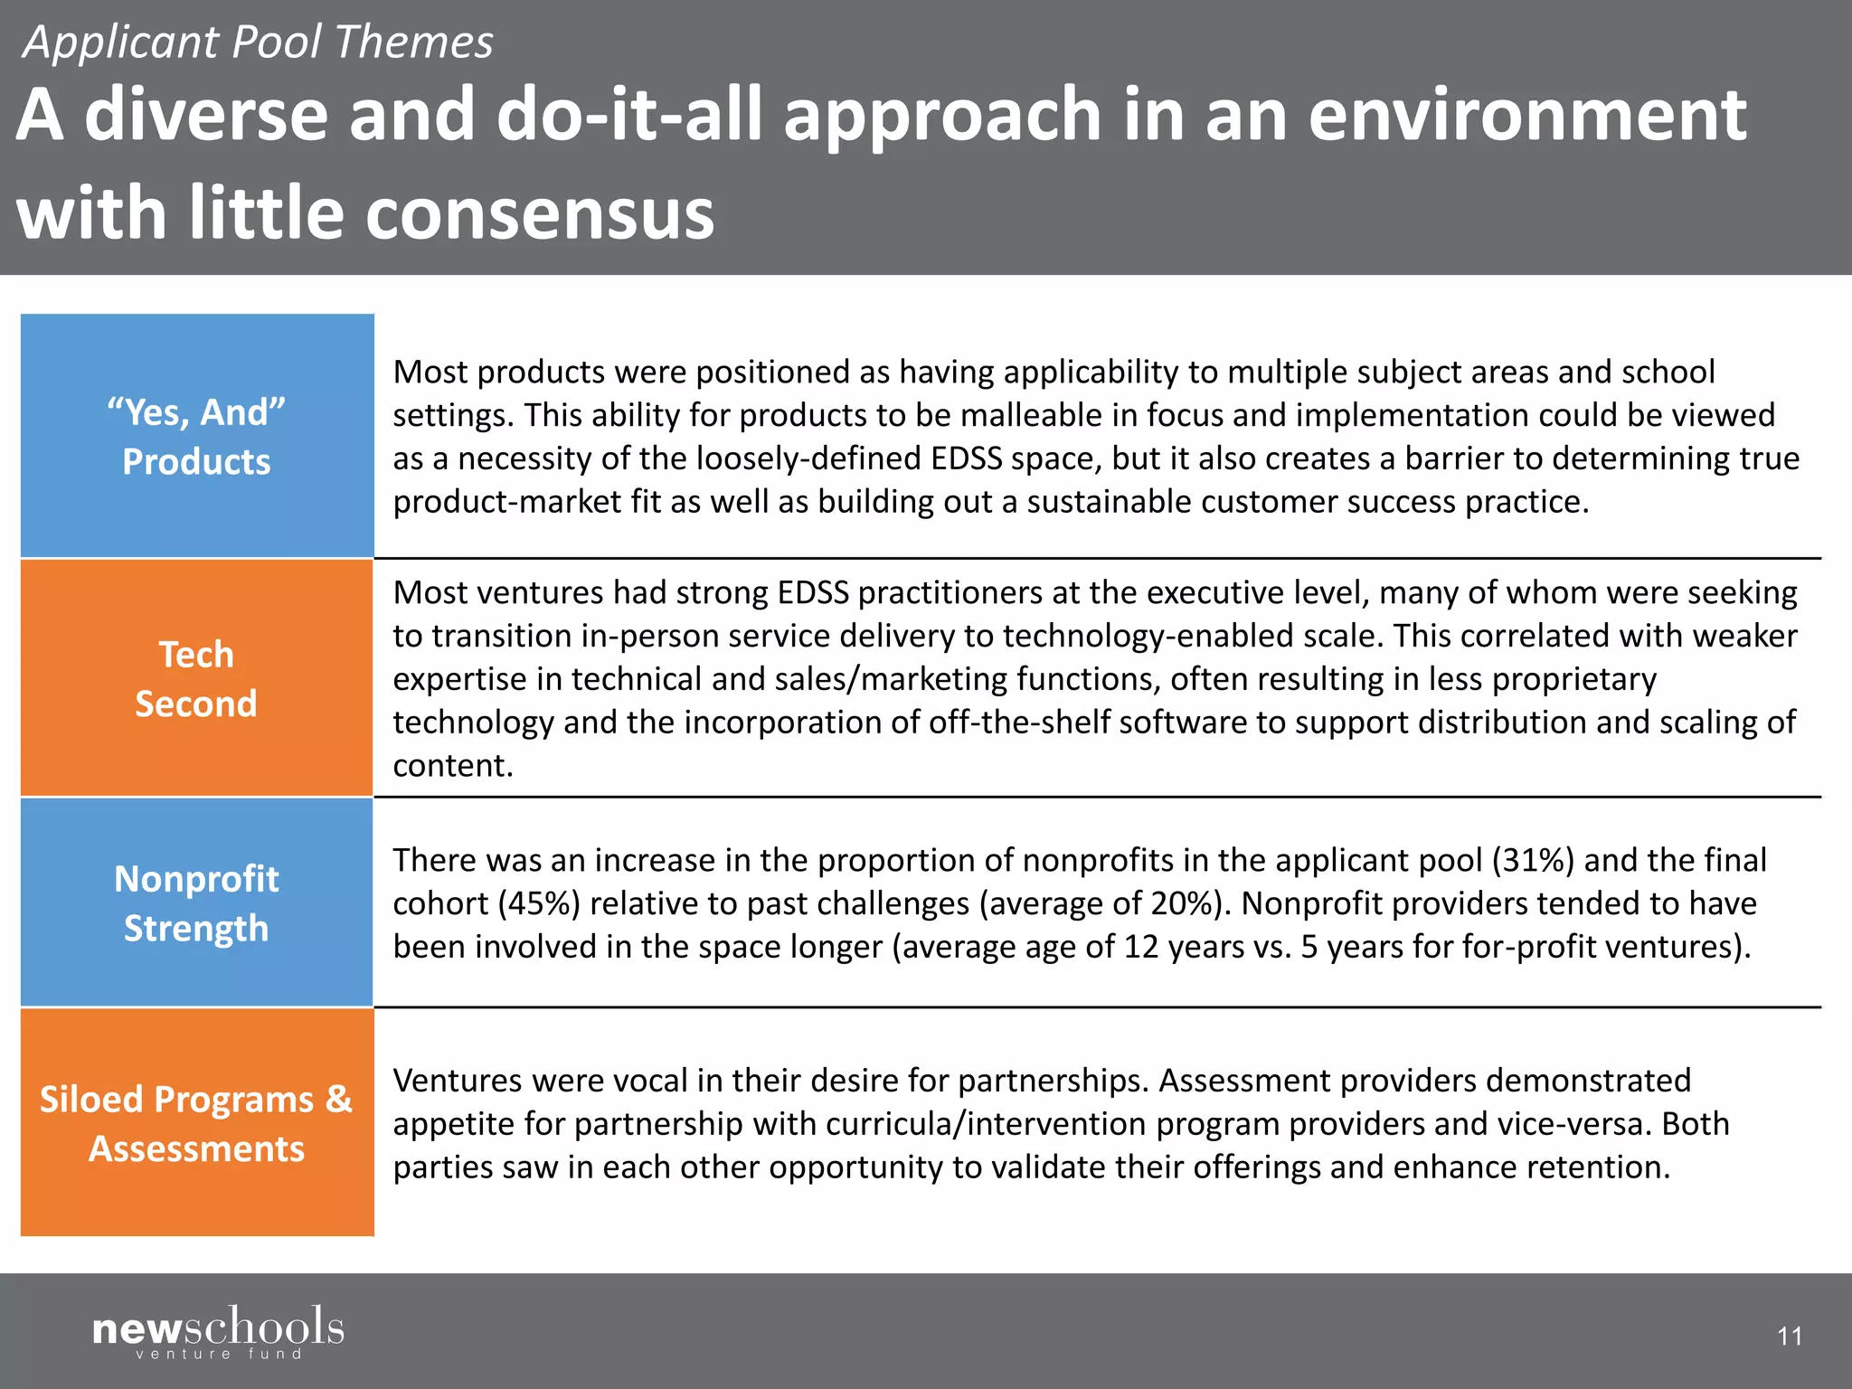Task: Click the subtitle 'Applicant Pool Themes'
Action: click(258, 43)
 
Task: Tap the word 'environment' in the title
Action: click(1527, 115)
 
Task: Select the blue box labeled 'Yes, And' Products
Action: click(196, 436)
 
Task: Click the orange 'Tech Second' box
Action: click(196, 678)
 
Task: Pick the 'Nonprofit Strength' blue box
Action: click(196, 902)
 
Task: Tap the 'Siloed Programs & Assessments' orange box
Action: click(196, 1122)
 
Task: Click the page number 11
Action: click(1789, 1336)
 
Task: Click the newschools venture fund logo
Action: click(218, 1331)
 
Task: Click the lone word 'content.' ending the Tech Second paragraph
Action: click(453, 766)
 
